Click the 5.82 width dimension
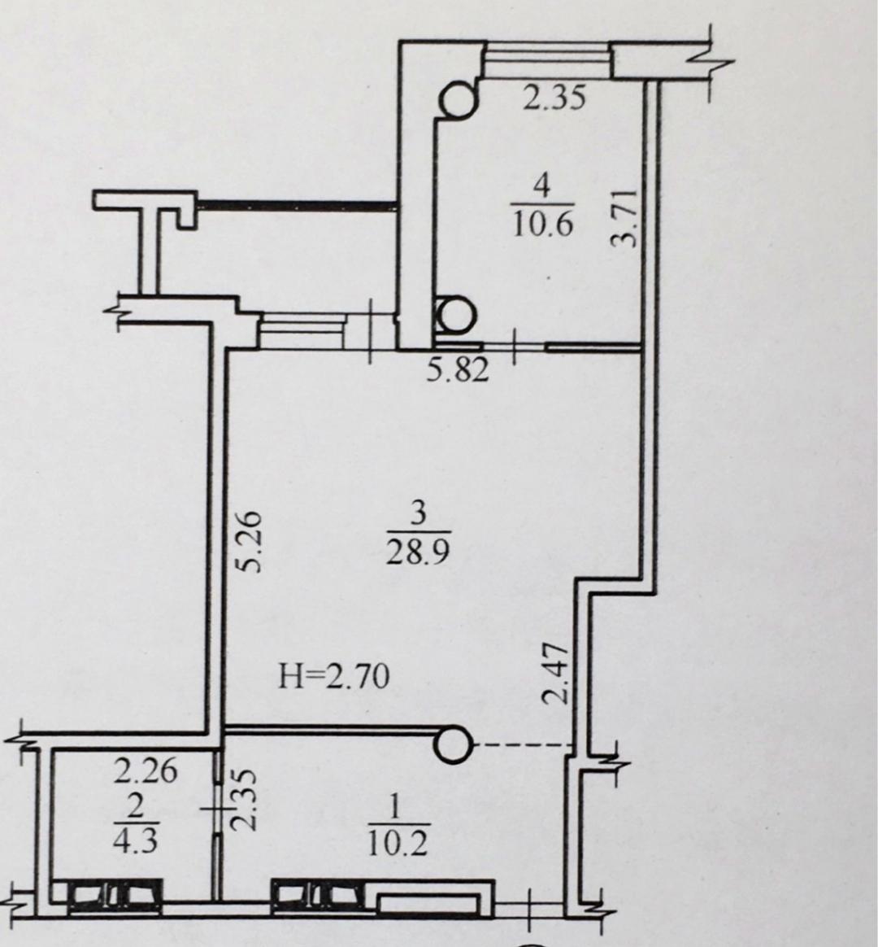(458, 369)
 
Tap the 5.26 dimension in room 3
(248, 542)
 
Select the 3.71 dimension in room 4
(624, 217)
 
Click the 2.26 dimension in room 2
(146, 771)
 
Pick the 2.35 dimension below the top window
(554, 98)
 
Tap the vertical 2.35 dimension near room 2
(246, 798)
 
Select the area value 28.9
(418, 551)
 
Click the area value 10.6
(542, 226)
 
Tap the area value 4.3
(136, 840)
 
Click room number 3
(417, 514)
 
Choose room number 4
(542, 187)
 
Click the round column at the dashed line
(452, 744)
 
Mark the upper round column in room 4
(459, 99)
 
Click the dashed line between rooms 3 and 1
(523, 744)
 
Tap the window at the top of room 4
(546, 59)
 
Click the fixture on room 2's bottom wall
(114, 896)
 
